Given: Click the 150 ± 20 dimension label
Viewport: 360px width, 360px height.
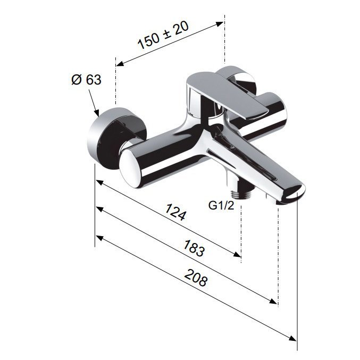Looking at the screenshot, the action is [x=163, y=35].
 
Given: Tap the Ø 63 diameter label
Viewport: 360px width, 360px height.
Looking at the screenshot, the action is [x=86, y=80].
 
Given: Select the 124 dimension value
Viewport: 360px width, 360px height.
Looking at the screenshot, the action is [x=175, y=212].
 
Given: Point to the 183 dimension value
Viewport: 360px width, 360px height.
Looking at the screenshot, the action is [x=194, y=248].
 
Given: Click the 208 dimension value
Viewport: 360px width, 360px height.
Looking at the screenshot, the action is [x=196, y=278].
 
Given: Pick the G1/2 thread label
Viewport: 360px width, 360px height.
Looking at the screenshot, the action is [x=221, y=205].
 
